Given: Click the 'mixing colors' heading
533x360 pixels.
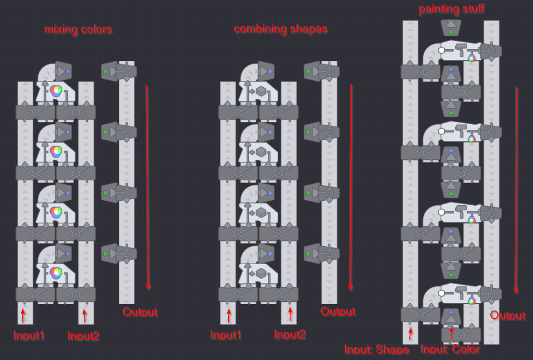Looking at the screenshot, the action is point(78,29).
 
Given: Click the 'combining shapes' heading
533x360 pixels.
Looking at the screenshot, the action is point(280,29).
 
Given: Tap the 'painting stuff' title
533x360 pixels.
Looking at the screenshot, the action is point(451,8).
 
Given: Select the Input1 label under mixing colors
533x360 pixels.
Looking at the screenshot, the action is point(29,335).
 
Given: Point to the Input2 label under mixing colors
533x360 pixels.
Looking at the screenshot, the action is point(83,336).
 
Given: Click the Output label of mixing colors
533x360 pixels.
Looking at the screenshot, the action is point(140,311).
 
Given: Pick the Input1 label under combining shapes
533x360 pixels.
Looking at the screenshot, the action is point(226,335).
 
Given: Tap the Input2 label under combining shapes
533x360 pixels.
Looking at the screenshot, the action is point(290,334).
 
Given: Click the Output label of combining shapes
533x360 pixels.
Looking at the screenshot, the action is point(338,311).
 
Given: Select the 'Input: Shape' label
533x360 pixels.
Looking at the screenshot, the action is point(376,349).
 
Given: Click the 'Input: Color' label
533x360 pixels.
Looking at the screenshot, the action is point(450,349).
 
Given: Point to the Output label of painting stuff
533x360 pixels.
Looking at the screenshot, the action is point(507,315).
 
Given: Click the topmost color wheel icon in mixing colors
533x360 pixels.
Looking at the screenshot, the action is point(56,90).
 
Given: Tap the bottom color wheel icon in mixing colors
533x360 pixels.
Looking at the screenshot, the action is point(56,273).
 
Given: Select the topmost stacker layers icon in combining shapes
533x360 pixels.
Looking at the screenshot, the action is point(261,92).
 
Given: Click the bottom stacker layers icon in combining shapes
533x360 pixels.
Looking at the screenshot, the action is point(261,273).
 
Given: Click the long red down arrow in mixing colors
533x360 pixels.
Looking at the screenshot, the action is point(147,187).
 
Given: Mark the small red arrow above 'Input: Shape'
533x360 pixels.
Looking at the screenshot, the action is point(410,333).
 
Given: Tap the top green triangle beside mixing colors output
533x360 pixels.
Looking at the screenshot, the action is point(105,72).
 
